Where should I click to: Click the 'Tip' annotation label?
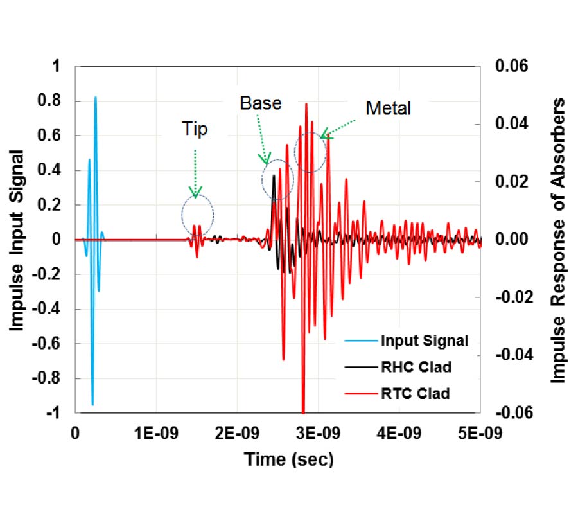[x=194, y=130]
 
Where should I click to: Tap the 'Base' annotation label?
[x=260, y=103]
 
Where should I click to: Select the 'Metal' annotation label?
[x=388, y=109]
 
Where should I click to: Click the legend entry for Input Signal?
[x=424, y=340]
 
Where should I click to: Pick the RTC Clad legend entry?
[x=415, y=393]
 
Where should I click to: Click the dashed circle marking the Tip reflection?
[x=197, y=214]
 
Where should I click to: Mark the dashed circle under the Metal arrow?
[x=310, y=152]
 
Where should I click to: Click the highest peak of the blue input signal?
[x=96, y=98]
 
